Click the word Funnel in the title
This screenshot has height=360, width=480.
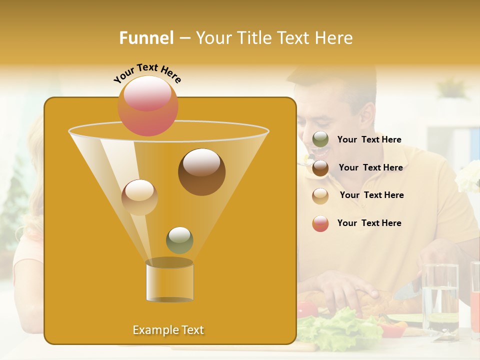tap(146, 38)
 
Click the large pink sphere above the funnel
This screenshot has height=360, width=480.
tap(148, 105)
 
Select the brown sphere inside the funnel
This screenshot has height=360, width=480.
tap(201, 172)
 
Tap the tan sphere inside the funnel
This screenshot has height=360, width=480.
tap(139, 197)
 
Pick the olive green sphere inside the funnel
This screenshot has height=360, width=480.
tap(179, 240)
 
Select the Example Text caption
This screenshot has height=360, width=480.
tap(168, 330)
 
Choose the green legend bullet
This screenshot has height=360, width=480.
tap(320, 139)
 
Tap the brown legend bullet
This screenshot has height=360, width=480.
tap(320, 168)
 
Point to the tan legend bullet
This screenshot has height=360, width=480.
tap(320, 196)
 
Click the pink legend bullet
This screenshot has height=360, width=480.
tap(320, 223)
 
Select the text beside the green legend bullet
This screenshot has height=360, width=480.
tap(369, 140)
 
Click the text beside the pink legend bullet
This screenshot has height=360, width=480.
tap(369, 223)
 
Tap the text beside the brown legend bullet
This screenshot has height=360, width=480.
tap(370, 167)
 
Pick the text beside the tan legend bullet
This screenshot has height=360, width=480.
tap(371, 195)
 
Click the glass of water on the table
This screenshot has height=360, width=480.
tap(440, 300)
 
